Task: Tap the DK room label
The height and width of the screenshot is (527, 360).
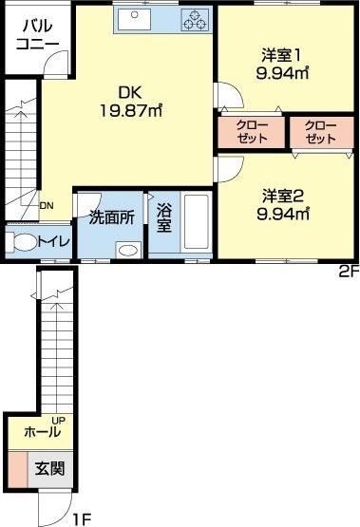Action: [x=130, y=92]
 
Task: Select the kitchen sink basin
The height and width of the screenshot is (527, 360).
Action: [x=140, y=17]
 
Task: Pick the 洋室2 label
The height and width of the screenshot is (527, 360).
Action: [x=282, y=197]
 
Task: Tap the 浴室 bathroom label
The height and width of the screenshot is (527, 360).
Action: [x=163, y=217]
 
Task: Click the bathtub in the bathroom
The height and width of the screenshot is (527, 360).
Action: [x=197, y=225]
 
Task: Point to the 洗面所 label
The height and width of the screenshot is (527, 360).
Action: [x=110, y=216]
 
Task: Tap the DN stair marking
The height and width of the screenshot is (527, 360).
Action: [x=47, y=204]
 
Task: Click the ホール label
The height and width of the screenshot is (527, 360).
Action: [x=42, y=432]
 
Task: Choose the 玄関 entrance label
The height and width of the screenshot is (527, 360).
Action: [x=51, y=468]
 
